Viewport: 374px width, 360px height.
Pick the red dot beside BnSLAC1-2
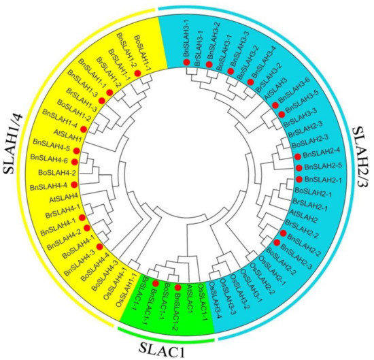point(177,288)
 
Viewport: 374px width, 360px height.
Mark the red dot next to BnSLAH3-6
point(275,105)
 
